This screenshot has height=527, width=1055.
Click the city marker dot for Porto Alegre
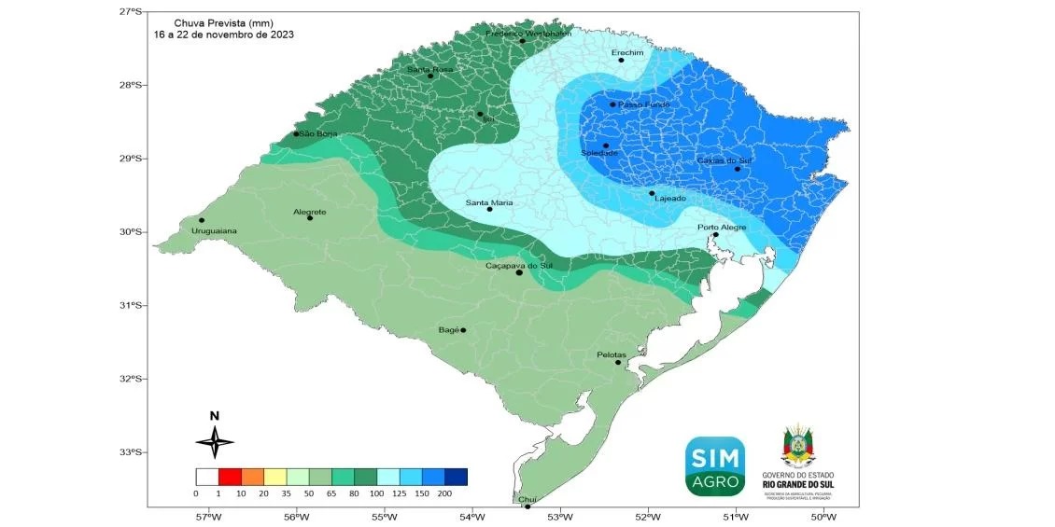(x=716, y=235)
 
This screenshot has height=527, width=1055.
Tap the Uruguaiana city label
(x=214, y=230)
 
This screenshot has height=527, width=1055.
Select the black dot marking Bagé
(x=463, y=330)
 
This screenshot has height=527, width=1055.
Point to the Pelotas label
(x=613, y=354)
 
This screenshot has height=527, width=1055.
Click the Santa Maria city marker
(x=489, y=209)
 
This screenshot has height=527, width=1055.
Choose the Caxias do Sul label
(x=724, y=160)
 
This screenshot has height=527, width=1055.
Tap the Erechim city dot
(x=621, y=61)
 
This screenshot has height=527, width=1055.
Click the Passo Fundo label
(x=644, y=104)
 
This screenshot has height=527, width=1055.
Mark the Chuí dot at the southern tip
(x=527, y=506)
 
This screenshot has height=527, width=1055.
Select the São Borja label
(x=318, y=134)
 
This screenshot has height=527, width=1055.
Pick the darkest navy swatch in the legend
(x=456, y=477)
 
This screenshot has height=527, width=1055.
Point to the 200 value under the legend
(x=444, y=492)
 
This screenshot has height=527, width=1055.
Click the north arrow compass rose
(x=215, y=440)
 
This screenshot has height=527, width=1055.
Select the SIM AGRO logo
(x=715, y=465)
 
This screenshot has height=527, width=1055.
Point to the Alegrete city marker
(x=310, y=217)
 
